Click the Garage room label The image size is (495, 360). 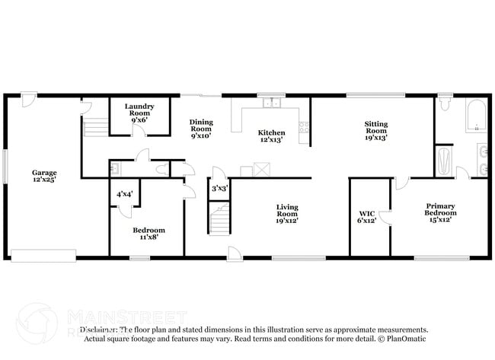tap(43, 177)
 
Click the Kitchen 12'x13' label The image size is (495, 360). tap(272, 135)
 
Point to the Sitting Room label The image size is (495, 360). tap(375, 134)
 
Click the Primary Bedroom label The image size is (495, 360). tap(440, 212)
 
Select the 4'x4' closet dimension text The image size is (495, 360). tap(124, 194)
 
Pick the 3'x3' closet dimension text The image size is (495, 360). tap(219, 188)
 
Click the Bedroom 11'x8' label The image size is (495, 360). tap(148, 234)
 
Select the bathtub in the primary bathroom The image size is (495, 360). tap(476, 118)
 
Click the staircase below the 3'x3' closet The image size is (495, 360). tap(219, 220)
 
